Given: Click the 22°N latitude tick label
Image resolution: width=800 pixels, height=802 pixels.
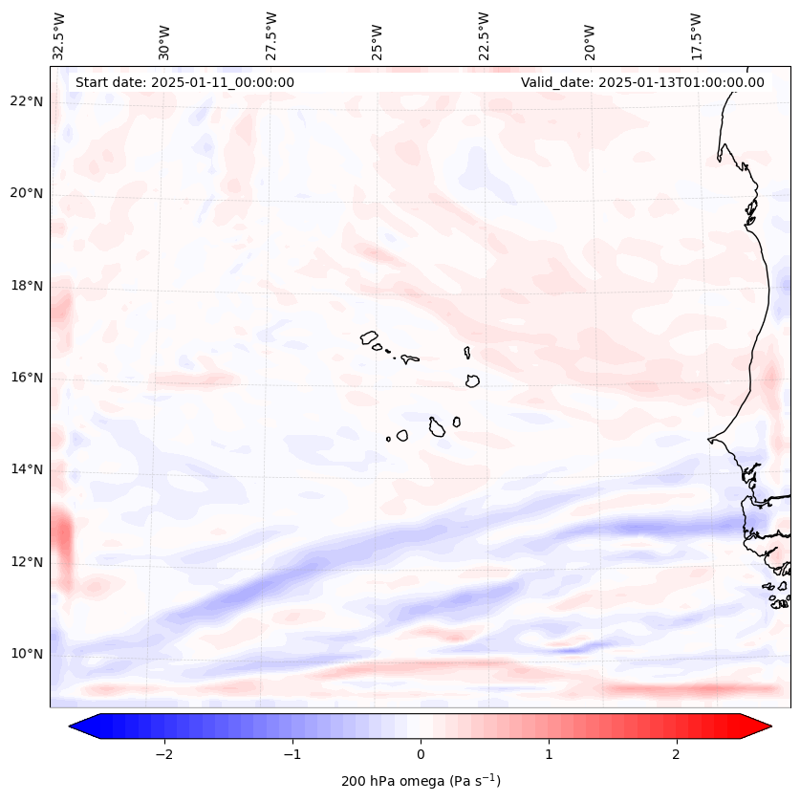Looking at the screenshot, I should point(27,101).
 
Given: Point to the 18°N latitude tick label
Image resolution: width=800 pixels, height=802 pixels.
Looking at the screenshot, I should point(27,286).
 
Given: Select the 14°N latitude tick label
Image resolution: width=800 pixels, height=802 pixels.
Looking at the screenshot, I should point(27,469).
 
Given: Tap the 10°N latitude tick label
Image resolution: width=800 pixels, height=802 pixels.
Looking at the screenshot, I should point(27,654).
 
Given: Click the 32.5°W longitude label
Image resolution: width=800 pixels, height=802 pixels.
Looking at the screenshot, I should point(59,36).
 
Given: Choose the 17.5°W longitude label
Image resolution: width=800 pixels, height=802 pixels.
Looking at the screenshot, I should point(696,36).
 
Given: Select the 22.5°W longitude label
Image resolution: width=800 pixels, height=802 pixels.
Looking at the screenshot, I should point(484,36).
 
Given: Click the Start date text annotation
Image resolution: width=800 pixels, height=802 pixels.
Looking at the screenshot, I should point(184,82).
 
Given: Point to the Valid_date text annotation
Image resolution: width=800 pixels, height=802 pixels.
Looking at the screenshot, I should point(642,82).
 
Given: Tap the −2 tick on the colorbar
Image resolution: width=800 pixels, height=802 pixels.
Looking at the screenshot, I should point(163,754).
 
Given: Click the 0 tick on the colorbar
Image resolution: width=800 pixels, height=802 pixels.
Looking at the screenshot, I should point(421,754).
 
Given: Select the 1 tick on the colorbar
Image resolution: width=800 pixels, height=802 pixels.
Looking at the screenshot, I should point(549,754).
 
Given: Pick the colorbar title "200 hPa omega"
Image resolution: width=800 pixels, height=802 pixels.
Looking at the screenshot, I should point(421,781).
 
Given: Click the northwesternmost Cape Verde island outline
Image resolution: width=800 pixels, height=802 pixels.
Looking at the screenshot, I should point(370,336).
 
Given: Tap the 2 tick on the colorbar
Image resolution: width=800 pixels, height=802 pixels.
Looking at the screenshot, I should point(677,754).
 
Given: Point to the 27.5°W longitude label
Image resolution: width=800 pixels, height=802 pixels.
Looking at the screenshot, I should point(271,36).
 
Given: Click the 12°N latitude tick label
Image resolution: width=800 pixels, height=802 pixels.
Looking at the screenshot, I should point(27,562).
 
